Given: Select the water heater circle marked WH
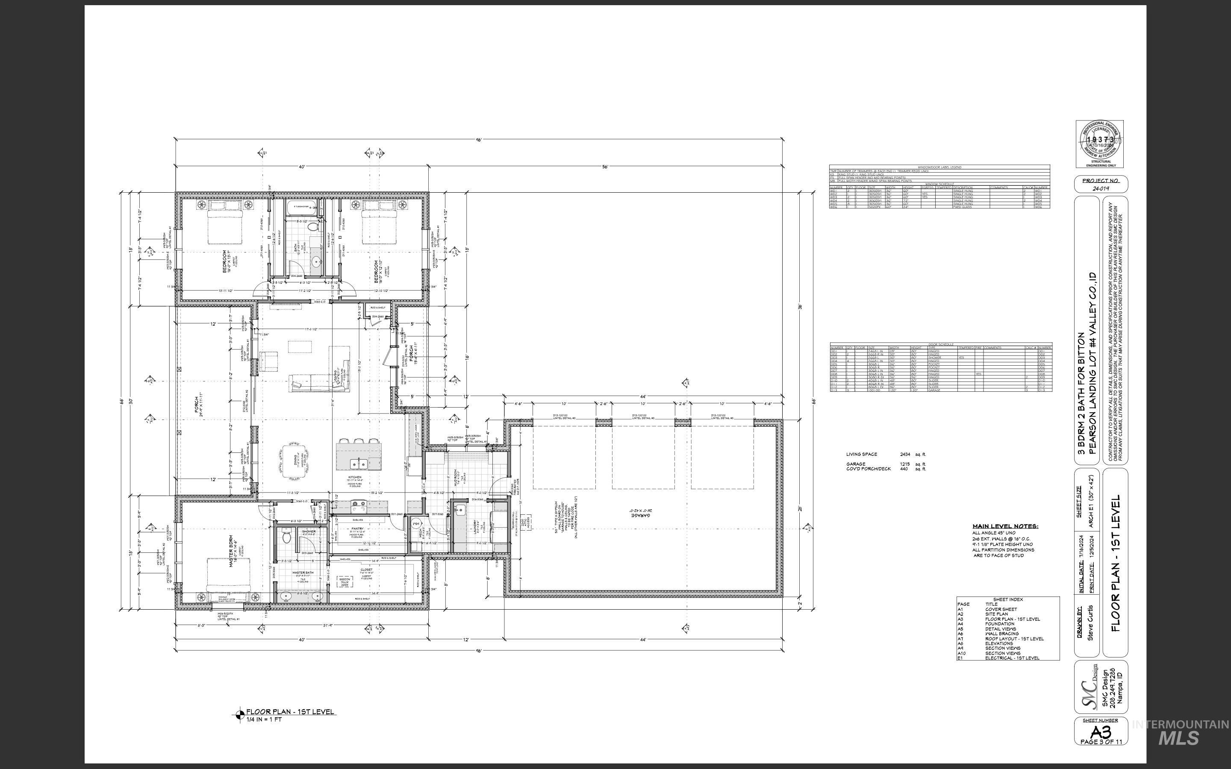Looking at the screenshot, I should tap(415, 524).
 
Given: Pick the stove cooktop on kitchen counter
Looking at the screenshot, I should tap(358, 505).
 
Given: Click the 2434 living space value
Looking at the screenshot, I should tap(905, 454).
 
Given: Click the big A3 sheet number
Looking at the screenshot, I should tap(1101, 732).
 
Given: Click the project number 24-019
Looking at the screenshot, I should tap(1101, 188).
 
